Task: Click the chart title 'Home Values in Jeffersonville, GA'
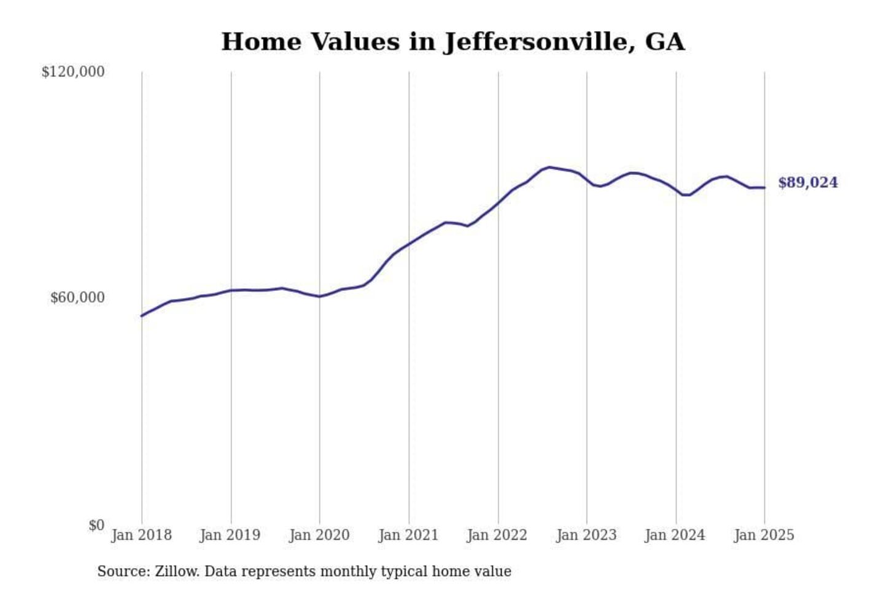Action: (x=452, y=42)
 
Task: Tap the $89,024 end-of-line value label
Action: (x=807, y=183)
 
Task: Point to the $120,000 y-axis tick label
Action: (x=73, y=72)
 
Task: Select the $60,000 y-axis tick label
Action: (x=77, y=298)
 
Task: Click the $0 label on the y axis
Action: (x=96, y=525)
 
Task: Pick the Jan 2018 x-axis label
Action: (x=141, y=535)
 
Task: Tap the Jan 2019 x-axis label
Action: (x=230, y=535)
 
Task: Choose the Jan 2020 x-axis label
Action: (x=319, y=535)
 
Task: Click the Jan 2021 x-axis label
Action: (x=408, y=535)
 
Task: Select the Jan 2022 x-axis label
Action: (x=497, y=535)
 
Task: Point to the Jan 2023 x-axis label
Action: (x=586, y=535)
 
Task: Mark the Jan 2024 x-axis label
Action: (x=675, y=535)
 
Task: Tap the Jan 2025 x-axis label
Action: (x=764, y=535)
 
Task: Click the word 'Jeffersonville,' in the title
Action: (x=538, y=42)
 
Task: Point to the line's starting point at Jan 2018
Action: (x=142, y=316)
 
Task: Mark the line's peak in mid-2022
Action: (x=549, y=167)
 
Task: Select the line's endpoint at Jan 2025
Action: (x=764, y=188)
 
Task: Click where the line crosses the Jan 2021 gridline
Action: (x=409, y=244)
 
